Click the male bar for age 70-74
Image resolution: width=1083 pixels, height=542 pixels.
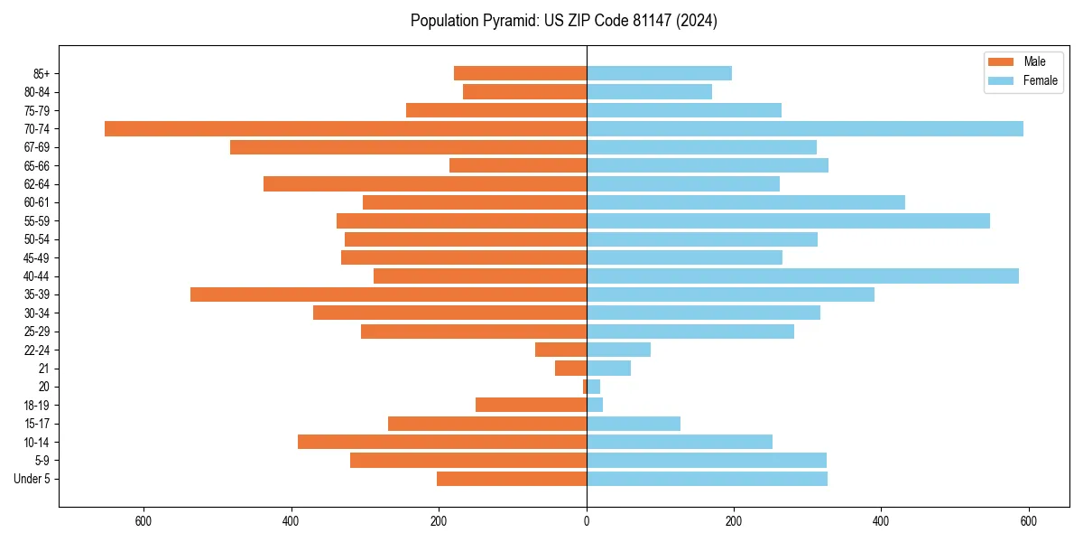[346, 128]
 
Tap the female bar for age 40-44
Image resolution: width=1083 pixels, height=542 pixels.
[802, 276]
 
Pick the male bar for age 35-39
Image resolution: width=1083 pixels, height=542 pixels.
[388, 294]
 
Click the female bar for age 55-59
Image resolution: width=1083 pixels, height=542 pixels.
[788, 220]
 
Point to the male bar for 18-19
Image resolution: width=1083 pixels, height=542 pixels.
[531, 405]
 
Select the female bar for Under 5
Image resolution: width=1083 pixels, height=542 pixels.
[707, 479]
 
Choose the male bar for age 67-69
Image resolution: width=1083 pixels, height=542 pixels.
[408, 147]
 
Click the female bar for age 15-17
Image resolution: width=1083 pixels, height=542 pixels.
[634, 424]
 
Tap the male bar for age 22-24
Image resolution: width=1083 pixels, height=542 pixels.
[560, 350]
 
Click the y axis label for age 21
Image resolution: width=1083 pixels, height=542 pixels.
[43, 369]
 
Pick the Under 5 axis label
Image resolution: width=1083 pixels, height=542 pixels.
[32, 479]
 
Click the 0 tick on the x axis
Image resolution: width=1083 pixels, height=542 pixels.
[587, 520]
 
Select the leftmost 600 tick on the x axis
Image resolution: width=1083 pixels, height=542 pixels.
[143, 520]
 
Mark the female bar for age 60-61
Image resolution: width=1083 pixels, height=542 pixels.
[745, 202]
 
